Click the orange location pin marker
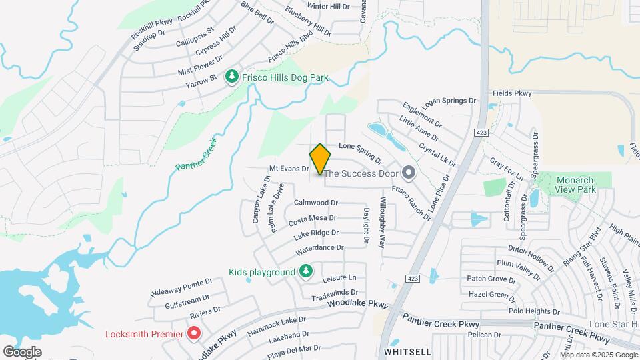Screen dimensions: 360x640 pos(321,159)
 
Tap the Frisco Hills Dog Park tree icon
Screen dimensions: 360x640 pos(232,77)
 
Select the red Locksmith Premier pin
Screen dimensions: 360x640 pos(194,332)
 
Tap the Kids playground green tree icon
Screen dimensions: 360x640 pos(305,272)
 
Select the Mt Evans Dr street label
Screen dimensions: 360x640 pos(289,169)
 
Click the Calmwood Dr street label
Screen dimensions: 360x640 pos(317,202)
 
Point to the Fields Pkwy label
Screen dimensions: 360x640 pos(512,94)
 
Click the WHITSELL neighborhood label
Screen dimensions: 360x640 pos(407,351)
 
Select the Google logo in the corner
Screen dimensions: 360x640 pos(23,351)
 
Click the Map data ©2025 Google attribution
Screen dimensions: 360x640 pos(599,355)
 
